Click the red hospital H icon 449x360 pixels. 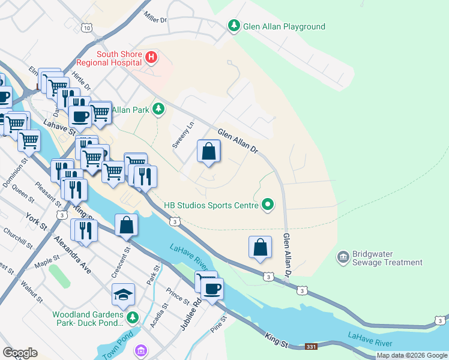(x=151, y=58)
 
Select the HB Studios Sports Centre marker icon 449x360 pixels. (x=268, y=206)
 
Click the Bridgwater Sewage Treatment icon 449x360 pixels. (x=343, y=257)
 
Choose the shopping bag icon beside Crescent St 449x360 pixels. (x=127, y=225)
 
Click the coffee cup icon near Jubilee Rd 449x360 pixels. (x=211, y=289)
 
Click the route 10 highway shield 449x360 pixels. (x=88, y=28)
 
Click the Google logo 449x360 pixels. (x=20, y=353)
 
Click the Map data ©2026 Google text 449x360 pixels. (x=412, y=355)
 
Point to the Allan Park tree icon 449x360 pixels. (x=158, y=109)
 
